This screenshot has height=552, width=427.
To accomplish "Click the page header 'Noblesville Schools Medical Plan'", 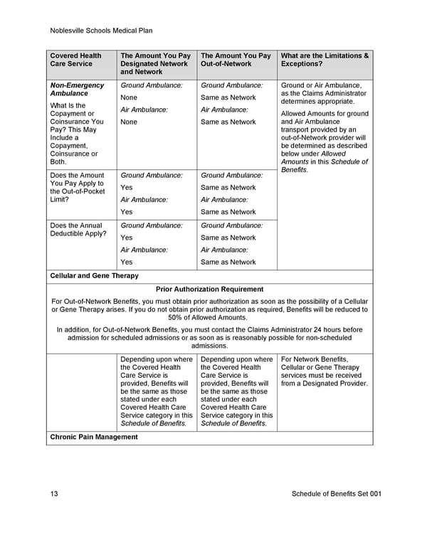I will coord(102,31).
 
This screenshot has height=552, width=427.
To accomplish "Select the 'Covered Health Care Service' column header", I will coord(75,60).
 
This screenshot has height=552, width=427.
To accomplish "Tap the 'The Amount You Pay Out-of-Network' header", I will coord(236,60).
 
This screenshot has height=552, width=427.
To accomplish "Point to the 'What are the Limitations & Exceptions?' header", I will coord(325,60).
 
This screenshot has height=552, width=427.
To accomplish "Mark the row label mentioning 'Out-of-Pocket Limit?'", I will coord(77,187).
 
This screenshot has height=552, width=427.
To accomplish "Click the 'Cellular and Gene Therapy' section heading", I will coord(94,275).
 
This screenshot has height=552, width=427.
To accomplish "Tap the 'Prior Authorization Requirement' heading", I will coord(209,290).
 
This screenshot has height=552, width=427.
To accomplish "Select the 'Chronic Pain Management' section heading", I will coord(93,437).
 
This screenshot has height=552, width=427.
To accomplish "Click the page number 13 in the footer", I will coord(54,494).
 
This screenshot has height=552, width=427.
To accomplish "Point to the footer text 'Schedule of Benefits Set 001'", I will coord(332,494).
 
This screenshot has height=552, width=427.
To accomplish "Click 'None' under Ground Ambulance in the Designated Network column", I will coord(129,97).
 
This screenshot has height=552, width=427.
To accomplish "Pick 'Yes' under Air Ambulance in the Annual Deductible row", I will coord(127,262).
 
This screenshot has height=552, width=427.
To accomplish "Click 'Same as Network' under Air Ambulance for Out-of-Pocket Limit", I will coord(228,212).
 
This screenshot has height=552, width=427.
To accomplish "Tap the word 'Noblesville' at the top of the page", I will coord(69,31).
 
